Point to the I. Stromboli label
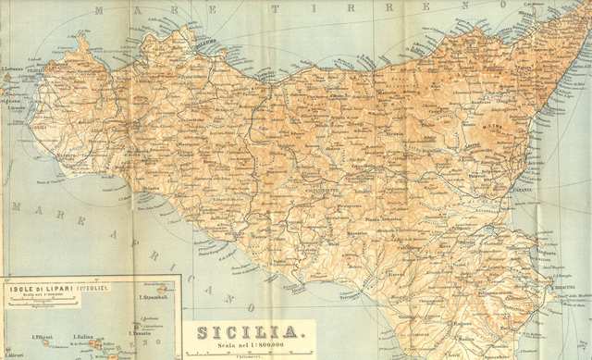151,297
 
